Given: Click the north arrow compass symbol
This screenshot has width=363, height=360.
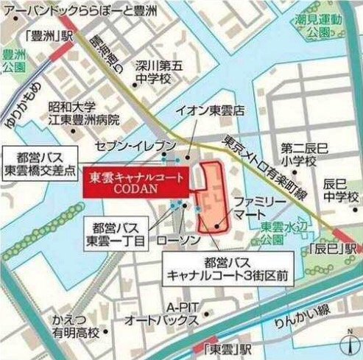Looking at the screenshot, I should click(x=348, y=343).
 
